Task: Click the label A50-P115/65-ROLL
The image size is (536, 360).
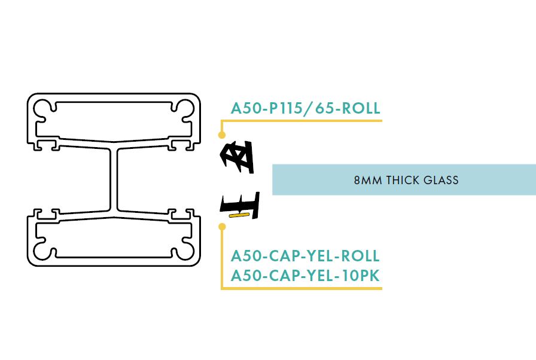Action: coord(305,108)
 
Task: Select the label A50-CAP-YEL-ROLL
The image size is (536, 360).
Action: coord(305,256)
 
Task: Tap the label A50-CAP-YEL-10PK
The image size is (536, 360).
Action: coord(305,276)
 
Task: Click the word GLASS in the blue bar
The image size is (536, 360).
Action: coord(441,180)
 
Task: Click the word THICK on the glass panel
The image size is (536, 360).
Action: coord(403,180)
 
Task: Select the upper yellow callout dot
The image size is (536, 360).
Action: coord(222,135)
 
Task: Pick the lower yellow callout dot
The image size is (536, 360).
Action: coord(222,227)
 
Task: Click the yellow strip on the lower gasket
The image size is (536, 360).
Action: coord(238,215)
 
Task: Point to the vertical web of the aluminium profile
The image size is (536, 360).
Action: coord(114,179)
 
